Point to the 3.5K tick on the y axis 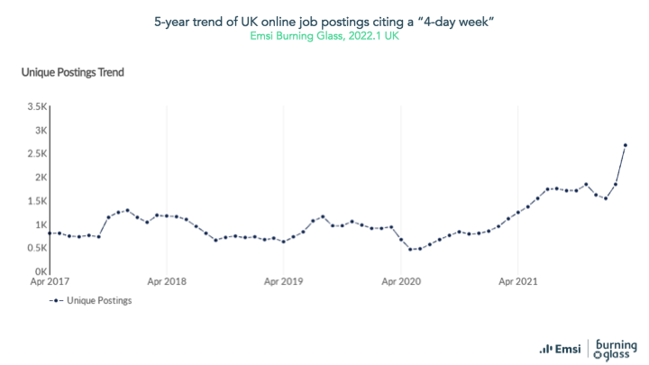pos(36,106)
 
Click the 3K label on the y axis pos(40,130)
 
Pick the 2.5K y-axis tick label pos(36,153)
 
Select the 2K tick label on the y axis pos(40,177)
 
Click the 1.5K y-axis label pos(36,201)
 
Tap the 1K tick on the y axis pos(40,224)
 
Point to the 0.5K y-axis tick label pos(36,248)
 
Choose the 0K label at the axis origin pos(40,271)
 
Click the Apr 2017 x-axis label pos(51,282)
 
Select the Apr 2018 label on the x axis pos(168,282)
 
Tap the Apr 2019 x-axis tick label pos(283,282)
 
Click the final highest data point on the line pos(626,145)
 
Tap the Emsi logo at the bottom pos(559,348)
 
